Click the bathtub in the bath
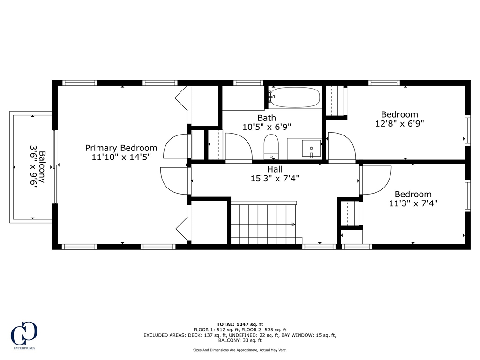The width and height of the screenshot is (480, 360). tap(295, 97)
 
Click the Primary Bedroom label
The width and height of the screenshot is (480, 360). tap(121, 148)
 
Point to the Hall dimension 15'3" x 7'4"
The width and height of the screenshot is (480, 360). tap(275, 178)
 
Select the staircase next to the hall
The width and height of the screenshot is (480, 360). tap(264, 223)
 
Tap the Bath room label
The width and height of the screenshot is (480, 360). tap(266, 118)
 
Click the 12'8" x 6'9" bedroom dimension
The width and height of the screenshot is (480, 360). tap(399, 124)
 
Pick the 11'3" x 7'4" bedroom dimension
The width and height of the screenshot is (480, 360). tap(413, 203)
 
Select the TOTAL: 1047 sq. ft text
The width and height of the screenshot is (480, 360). tap(240, 324)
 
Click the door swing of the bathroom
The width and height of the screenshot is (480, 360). tap(238, 146)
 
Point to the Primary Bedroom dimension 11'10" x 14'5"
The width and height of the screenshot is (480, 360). tap(121, 157)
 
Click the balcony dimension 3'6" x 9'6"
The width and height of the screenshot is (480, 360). tap(33, 167)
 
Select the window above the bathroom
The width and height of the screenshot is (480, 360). tap(248, 83)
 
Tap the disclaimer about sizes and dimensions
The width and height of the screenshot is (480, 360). tap(240, 350)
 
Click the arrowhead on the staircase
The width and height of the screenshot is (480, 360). tap(293, 225)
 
